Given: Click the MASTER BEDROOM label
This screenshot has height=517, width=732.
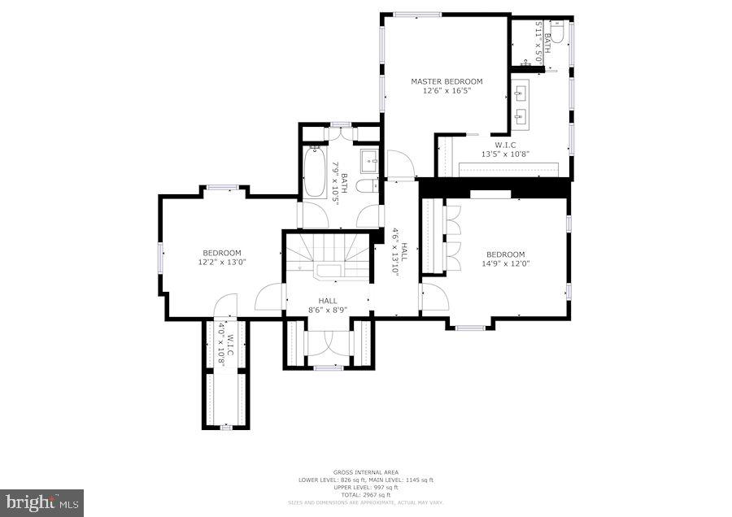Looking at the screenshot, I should (x=447, y=81).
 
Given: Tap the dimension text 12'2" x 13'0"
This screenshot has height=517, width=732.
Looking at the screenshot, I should (x=221, y=263).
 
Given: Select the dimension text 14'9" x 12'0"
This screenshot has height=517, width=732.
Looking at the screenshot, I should (x=505, y=263).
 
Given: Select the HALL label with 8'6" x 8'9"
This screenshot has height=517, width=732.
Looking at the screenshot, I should (x=328, y=301).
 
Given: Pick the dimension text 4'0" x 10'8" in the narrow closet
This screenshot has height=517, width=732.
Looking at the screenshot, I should (x=221, y=345).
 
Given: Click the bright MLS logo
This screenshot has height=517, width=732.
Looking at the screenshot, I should (x=41, y=502).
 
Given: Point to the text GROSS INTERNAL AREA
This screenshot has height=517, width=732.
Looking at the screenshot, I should (x=365, y=472).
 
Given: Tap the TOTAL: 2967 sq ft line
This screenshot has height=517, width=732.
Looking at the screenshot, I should (x=365, y=494).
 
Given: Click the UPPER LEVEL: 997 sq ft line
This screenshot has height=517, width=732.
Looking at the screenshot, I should (x=365, y=487).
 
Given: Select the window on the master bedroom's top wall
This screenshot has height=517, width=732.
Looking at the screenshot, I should (x=417, y=14).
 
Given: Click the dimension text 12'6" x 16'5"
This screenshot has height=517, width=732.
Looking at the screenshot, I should (x=447, y=91).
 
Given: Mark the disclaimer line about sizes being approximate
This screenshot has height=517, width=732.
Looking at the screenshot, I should (x=365, y=502).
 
